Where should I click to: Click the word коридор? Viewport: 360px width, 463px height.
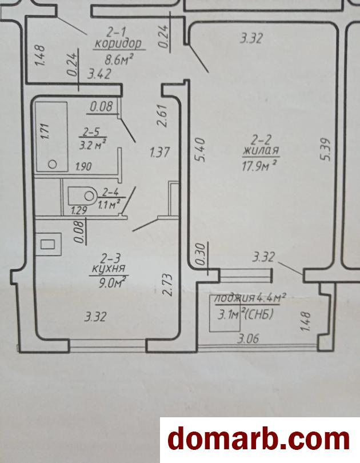tap(119, 44)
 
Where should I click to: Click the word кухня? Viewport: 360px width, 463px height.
tap(109, 269)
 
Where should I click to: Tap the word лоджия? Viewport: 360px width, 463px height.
tap(234, 298)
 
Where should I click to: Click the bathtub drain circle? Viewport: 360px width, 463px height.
tap(53, 164)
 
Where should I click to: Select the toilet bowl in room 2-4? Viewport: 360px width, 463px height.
tap(82, 195)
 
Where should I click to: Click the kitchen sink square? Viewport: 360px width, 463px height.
tap(47, 244)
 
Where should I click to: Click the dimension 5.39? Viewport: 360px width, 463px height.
tap(326, 149)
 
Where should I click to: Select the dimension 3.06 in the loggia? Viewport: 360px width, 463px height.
tap(249, 338)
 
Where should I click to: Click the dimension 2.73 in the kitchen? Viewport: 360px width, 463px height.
tap(167, 285)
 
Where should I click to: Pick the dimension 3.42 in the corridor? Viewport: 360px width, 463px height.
tap(99, 74)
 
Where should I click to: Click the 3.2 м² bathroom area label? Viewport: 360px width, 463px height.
tap(93, 145)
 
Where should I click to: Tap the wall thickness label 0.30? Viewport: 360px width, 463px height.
tap(200, 254)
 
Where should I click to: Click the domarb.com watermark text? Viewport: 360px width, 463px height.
tap(259, 440)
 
